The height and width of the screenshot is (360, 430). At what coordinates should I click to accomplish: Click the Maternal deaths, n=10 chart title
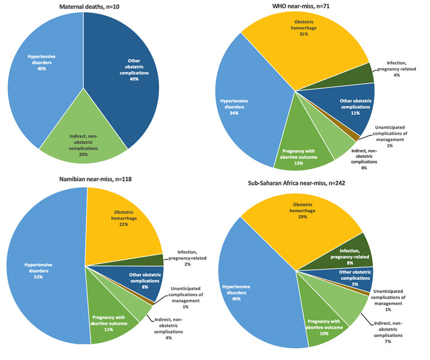pos(84,6)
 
